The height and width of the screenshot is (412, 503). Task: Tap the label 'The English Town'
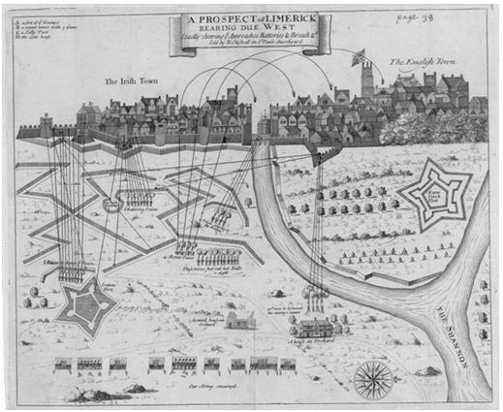tap(425, 64)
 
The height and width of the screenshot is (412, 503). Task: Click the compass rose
tap(373, 377)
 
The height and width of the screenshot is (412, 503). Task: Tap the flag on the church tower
tap(358, 54)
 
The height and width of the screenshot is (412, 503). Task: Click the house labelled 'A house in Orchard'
tap(317, 329)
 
